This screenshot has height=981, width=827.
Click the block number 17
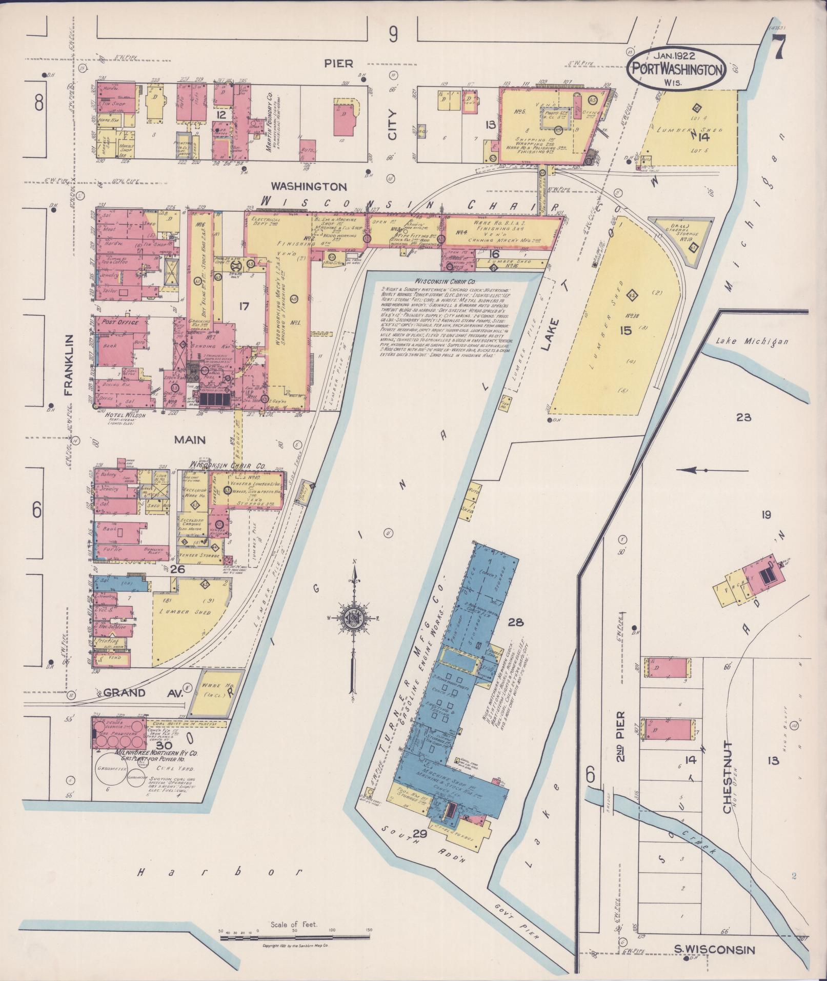point(244,306)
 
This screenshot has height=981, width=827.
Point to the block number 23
point(743,417)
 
